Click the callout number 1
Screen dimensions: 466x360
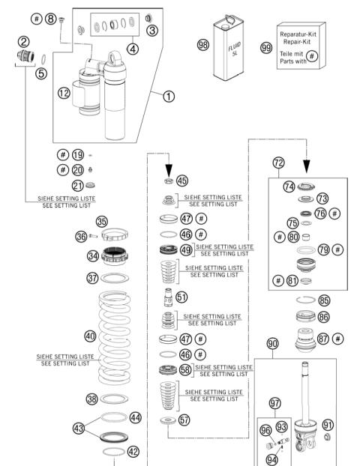169,96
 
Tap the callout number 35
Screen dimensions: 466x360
102,220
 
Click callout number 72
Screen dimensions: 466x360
278,163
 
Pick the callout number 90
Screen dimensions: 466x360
273,343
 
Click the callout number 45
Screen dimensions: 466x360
182,181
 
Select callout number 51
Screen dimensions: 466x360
182,297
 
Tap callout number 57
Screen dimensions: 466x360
184,420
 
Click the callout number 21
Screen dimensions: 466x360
78,186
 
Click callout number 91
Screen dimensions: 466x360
327,425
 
